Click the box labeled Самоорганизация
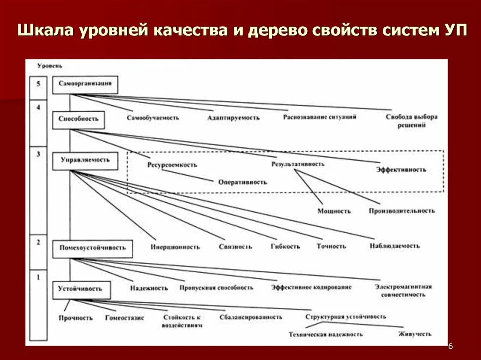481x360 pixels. pyautogui.click(x=85, y=84)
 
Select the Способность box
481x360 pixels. pyautogui.click(x=78, y=119)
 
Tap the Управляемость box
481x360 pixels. pyautogui.click(x=85, y=160)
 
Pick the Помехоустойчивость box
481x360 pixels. pyautogui.click(x=93, y=248)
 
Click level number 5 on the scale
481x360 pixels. pyautogui.click(x=38, y=84)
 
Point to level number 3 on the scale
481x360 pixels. pyautogui.click(x=38, y=154)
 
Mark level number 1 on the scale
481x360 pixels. pyautogui.click(x=38, y=277)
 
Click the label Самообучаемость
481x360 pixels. pyautogui.click(x=153, y=118)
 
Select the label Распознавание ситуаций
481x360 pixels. pyautogui.click(x=319, y=117)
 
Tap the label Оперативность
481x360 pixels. pyautogui.click(x=242, y=182)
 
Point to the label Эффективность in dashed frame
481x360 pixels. pyautogui.click(x=401, y=169)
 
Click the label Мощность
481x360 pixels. pyautogui.click(x=334, y=211)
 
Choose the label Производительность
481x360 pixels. pyautogui.click(x=402, y=211)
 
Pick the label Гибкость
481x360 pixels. pyautogui.click(x=285, y=246)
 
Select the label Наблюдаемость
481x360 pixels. pyautogui.click(x=395, y=246)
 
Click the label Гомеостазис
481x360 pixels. pyautogui.click(x=124, y=318)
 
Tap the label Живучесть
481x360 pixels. pyautogui.click(x=415, y=334)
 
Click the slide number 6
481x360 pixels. pyautogui.click(x=450, y=346)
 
